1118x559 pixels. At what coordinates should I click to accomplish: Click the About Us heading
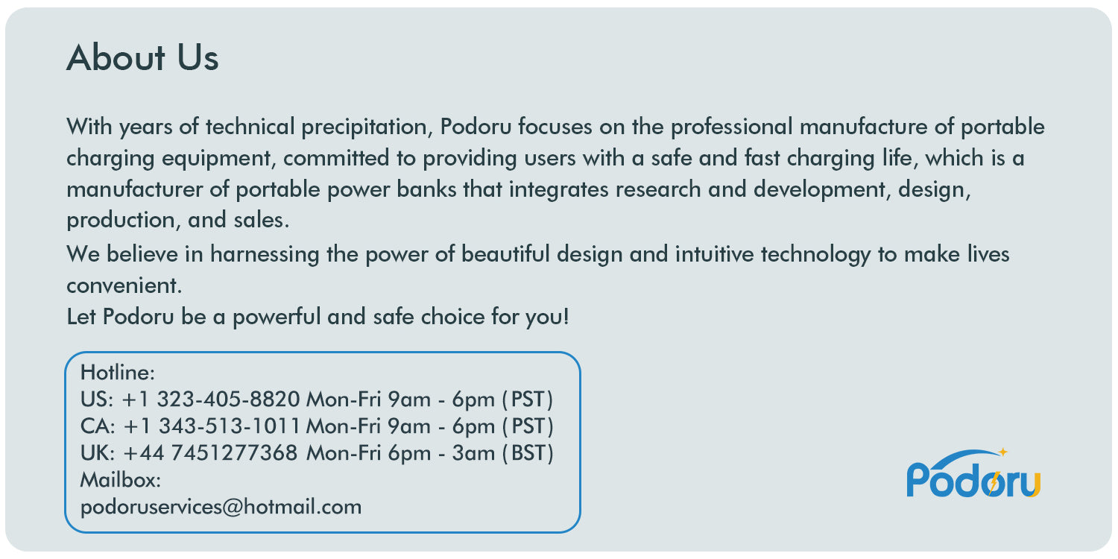click(142, 58)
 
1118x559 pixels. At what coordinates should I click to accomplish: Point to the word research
click(658, 189)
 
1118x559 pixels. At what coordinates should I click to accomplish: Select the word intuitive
click(715, 254)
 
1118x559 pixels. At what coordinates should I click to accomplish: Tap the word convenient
click(124, 285)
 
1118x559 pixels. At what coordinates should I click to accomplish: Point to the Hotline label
click(117, 372)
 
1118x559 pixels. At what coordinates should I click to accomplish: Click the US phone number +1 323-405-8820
click(211, 399)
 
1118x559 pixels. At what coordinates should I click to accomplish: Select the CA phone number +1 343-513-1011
click(212, 426)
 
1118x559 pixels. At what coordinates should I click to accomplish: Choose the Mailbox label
click(120, 480)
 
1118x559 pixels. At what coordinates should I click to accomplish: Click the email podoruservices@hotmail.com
click(221, 508)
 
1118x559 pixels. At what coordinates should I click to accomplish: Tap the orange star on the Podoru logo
click(1002, 452)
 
